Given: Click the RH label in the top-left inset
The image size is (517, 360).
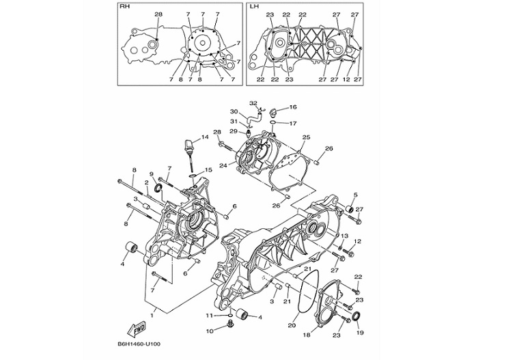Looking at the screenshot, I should point(124,7).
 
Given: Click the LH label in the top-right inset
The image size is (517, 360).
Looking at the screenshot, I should point(255,7).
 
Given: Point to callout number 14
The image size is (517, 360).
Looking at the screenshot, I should point(204,137).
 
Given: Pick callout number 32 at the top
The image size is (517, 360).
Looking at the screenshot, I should point(253,103).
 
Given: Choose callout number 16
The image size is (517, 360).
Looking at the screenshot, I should point(292,107).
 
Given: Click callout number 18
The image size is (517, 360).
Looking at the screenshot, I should point(306,335).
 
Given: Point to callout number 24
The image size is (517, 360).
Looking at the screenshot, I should point(223,165).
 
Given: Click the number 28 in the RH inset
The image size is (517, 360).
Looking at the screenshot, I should point(158,14).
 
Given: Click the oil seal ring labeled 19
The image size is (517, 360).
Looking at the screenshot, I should point(354,318).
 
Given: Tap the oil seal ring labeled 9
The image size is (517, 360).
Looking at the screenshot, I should point(158,188).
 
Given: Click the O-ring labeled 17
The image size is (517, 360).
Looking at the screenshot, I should point(273,124).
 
